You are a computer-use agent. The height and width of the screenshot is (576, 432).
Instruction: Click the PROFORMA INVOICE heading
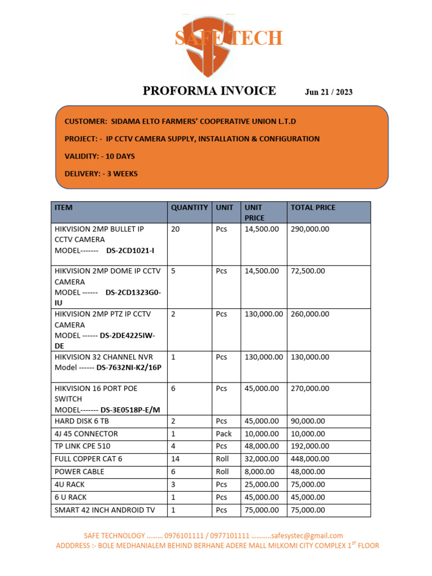click(x=209, y=91)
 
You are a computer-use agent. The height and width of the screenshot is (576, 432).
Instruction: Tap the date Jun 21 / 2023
click(x=328, y=92)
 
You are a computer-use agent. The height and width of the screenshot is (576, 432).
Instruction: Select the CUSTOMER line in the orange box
click(x=180, y=121)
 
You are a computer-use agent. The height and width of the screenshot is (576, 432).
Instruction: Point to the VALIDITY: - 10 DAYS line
click(x=100, y=156)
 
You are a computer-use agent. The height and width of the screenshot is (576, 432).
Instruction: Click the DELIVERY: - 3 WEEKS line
click(x=101, y=174)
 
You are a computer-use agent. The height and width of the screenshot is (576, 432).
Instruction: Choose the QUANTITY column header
click(x=189, y=208)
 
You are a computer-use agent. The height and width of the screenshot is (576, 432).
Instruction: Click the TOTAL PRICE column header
click(x=313, y=208)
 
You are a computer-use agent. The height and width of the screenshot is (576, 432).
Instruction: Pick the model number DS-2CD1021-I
click(x=130, y=250)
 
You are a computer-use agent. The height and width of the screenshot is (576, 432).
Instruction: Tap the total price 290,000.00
click(x=310, y=229)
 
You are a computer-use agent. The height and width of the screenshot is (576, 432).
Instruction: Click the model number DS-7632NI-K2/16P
click(x=133, y=367)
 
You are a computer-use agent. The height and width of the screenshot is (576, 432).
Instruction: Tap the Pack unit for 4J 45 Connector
click(x=223, y=434)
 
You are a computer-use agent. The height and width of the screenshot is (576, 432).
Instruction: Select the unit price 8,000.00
click(x=259, y=472)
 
